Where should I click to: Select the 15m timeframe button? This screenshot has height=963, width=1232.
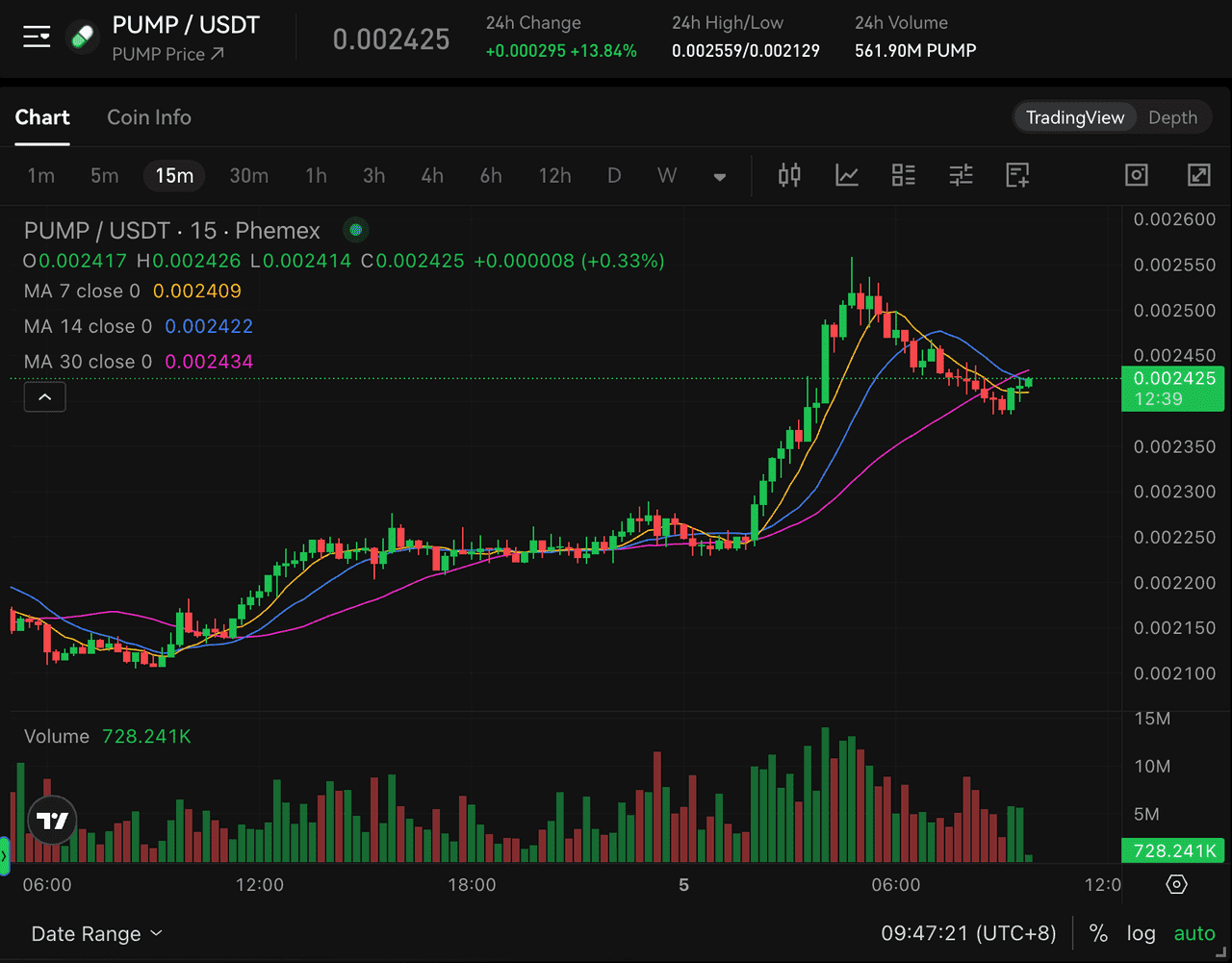[x=174, y=176]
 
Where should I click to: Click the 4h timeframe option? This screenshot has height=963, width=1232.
[x=432, y=176]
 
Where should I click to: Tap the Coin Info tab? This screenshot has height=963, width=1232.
[x=149, y=117]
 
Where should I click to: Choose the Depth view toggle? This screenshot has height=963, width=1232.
[x=1172, y=117]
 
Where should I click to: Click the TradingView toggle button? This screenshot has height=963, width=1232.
[x=1075, y=117]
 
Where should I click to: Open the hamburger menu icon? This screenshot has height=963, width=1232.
[x=37, y=37]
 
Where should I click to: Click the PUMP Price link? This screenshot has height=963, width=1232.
[x=167, y=55]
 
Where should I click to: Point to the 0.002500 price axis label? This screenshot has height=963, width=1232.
[x=1174, y=311]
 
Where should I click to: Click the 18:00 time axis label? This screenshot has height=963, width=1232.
[x=472, y=884]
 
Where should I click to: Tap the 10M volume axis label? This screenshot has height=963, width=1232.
[x=1152, y=767]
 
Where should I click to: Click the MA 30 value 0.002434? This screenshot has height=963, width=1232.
[x=209, y=362]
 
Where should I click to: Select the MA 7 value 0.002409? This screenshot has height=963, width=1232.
[x=196, y=291]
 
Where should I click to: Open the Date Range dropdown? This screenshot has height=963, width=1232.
[x=97, y=933]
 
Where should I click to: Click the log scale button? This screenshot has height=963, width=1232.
[x=1141, y=933]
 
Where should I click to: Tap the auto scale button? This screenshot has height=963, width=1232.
[x=1194, y=933]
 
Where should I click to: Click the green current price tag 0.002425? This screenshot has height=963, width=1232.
[x=1173, y=389]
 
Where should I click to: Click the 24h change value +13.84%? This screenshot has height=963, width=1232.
[x=603, y=51]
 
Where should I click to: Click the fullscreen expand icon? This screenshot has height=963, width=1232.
[x=1198, y=174]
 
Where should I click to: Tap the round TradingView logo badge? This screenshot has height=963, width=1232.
[x=52, y=820]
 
